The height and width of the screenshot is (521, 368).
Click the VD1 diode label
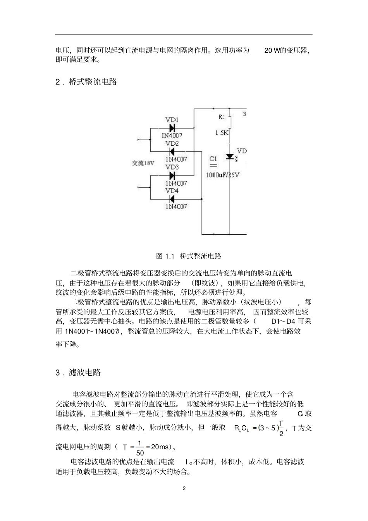click(172, 120)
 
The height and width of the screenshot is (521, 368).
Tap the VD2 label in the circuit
click(172, 143)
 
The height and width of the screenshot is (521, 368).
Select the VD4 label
click(172, 191)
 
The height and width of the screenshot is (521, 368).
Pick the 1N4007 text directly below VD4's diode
click(176, 206)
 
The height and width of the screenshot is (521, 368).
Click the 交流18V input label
click(143, 163)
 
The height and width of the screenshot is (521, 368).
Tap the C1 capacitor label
click(213, 158)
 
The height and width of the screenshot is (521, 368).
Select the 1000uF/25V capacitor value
click(222, 175)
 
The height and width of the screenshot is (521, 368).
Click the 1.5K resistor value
click(222, 133)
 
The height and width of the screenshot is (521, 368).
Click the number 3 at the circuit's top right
click(244, 114)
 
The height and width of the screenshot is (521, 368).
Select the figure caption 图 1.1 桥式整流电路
click(188, 256)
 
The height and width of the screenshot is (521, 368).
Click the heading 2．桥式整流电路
click(86, 82)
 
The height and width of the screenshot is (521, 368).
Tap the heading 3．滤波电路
click(78, 373)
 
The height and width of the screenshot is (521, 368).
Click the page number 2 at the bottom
click(184, 488)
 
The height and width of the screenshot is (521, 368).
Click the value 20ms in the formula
click(160, 447)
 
